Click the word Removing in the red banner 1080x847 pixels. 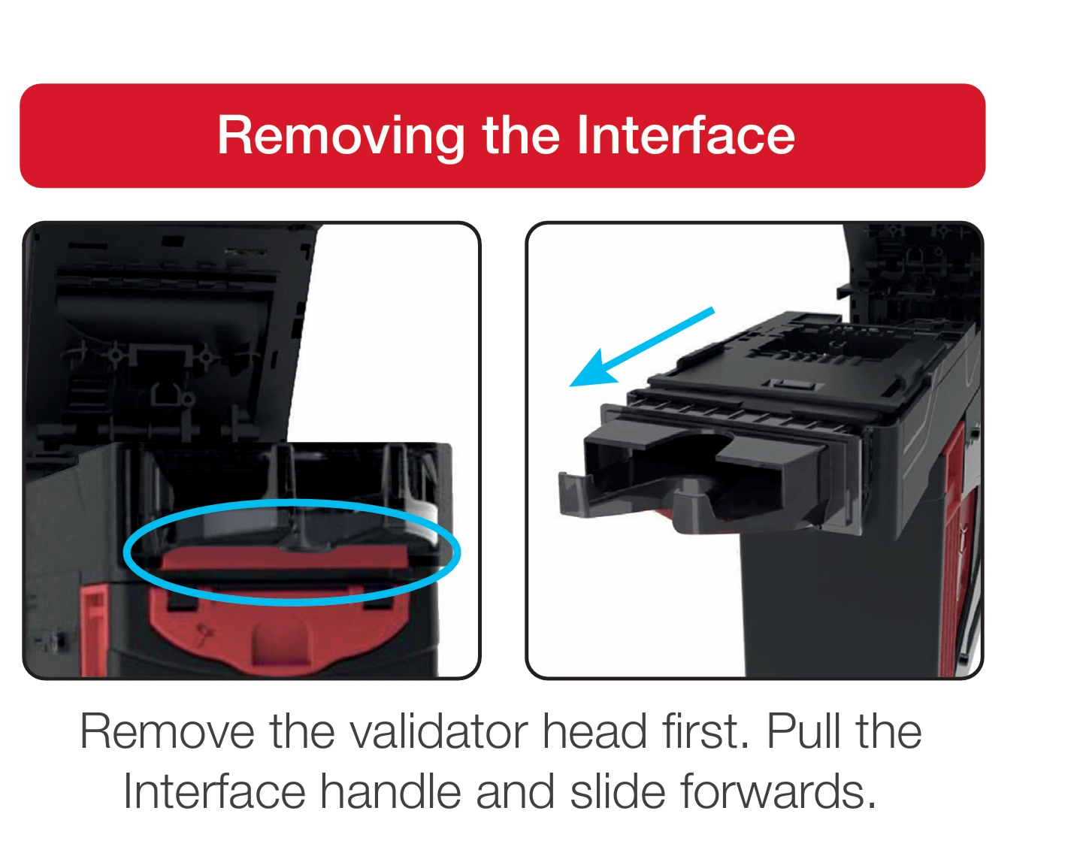(341, 137)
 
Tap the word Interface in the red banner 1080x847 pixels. (686, 135)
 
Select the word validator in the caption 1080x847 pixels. (438, 732)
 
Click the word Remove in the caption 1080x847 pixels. (167, 732)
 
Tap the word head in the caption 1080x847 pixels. (594, 732)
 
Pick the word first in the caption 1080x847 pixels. (705, 732)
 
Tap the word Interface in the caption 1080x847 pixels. (214, 791)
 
